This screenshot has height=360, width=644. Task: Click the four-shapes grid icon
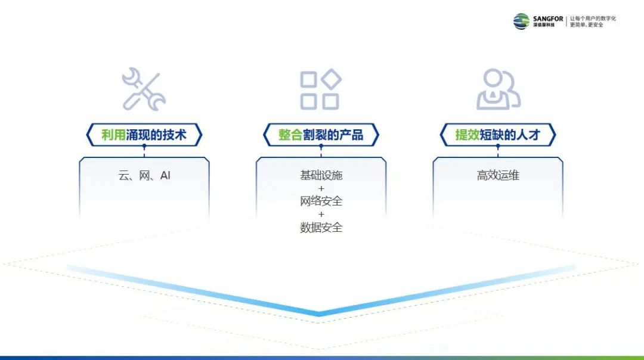(321, 89)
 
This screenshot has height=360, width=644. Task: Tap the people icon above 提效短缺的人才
(498, 89)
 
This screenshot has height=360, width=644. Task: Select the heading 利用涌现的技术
(144, 135)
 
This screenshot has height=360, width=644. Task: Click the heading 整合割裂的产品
(321, 135)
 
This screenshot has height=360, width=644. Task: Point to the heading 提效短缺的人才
(498, 135)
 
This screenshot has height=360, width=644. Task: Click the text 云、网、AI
(144, 176)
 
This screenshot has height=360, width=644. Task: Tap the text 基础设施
(321, 176)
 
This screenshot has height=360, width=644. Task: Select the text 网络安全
(321, 201)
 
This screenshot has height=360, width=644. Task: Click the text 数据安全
(321, 227)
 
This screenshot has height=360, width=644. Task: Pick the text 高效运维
(498, 176)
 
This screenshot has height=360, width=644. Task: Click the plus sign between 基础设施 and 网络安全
(321, 188)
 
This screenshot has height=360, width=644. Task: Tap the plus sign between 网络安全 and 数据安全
(321, 214)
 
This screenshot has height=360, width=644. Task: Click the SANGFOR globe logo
(521, 21)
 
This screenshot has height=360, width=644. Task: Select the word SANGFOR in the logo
(548, 18)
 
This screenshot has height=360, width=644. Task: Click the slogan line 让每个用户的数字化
(593, 18)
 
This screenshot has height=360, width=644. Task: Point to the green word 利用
(113, 135)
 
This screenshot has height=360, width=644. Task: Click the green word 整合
(290, 135)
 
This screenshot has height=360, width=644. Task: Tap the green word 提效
(467, 135)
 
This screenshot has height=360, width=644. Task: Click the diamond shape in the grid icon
(331, 79)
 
